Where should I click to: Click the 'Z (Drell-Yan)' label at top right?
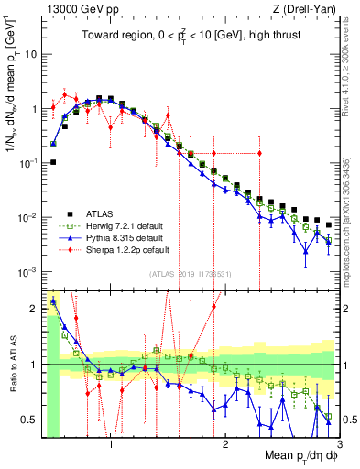pos(300,8)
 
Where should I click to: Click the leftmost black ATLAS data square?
pos(53,162)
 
